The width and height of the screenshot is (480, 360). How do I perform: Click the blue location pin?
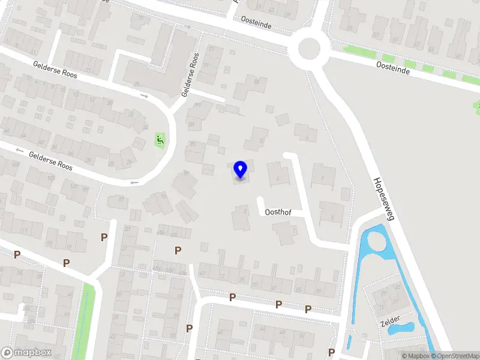click(241, 170)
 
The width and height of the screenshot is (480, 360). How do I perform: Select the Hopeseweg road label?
click(383, 199)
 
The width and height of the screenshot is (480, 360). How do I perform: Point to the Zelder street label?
click(390, 322)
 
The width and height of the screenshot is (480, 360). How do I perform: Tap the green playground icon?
click(160, 140)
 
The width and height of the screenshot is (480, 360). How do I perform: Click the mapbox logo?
click(26, 353)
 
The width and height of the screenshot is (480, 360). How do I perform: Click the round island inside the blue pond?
click(376, 242)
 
